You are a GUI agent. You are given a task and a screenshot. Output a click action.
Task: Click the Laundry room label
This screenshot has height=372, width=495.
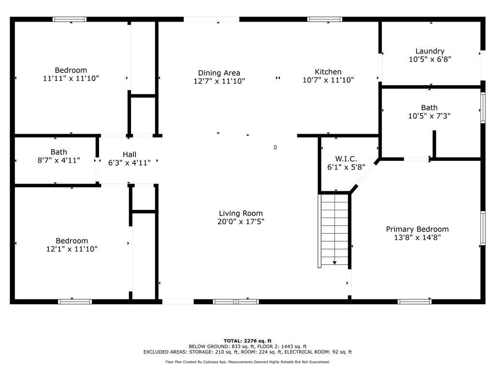tap(430, 51)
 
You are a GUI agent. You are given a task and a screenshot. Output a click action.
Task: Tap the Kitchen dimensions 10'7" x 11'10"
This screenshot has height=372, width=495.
tap(328, 80)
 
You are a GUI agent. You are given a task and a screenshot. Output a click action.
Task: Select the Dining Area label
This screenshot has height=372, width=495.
tap(219, 73)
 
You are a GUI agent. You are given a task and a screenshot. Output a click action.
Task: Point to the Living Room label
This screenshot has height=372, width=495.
tap(241, 213)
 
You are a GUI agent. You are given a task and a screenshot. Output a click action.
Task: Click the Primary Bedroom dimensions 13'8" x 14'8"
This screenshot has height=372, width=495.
tap(417, 237)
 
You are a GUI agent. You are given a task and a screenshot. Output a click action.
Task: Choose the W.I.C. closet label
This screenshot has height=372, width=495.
tap(346, 159)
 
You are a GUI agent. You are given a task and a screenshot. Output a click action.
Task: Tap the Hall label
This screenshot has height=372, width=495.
tap(130, 155)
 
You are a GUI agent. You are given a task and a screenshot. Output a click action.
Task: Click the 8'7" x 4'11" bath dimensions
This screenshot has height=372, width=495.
tap(58, 160)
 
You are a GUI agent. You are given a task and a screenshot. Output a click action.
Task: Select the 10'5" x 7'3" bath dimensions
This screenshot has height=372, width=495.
tap(429, 116)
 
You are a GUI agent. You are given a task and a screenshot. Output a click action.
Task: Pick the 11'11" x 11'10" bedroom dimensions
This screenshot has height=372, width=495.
tap(71, 78)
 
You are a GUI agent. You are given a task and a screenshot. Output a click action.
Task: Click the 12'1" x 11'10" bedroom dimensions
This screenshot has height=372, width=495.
tap(72, 249)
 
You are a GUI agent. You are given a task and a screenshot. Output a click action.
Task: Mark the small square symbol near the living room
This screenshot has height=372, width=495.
tap(275, 147)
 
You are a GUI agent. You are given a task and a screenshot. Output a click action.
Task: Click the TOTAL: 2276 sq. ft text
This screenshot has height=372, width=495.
tap(247, 341)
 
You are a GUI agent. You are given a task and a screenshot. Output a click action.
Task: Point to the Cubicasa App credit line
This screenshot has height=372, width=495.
tap(247, 362)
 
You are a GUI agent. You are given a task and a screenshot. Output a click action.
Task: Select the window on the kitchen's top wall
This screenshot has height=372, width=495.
tap(325, 19)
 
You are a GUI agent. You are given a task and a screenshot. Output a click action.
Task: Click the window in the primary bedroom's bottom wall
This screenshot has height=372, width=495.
tap(414, 301)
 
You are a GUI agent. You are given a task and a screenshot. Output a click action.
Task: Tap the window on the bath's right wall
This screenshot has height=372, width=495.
tap(483, 108)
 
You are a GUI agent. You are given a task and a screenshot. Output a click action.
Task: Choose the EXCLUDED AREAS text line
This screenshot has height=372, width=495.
tap(247, 352)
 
